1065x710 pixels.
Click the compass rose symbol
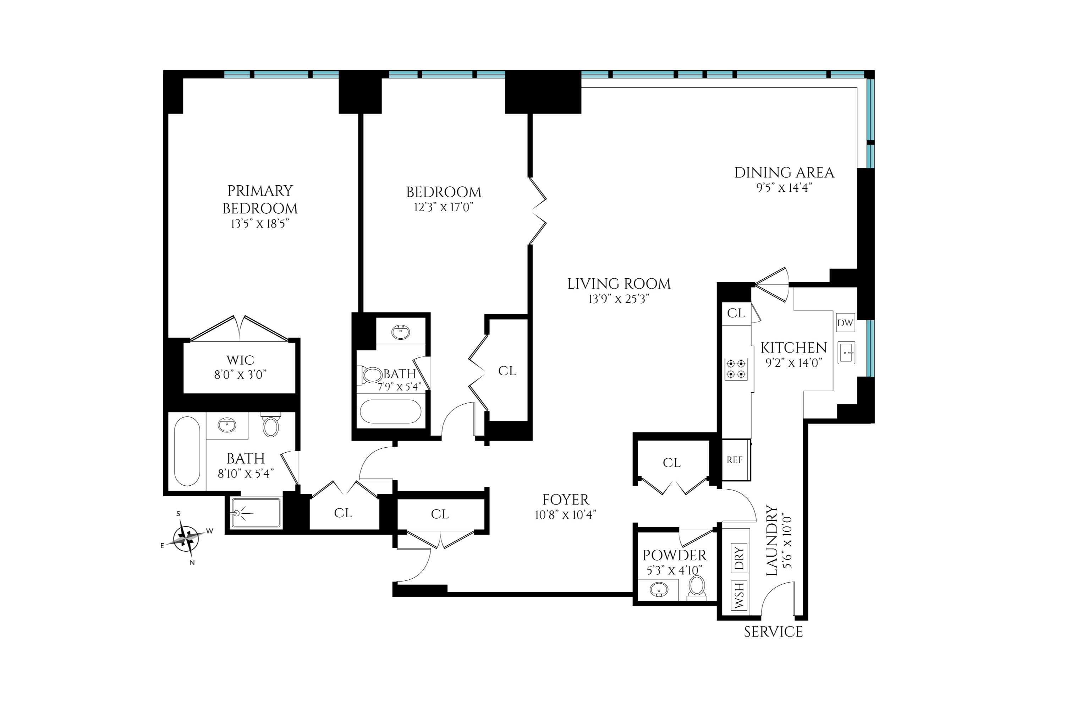186,537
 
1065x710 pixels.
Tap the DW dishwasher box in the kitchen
845,323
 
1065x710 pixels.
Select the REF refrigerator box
734,460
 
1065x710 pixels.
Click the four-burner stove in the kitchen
736,368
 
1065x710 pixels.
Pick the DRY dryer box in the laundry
739,557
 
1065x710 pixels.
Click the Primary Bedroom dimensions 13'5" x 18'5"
260,224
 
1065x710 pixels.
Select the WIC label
240,360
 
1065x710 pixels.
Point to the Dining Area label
784,173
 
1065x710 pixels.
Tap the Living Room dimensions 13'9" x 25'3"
619,299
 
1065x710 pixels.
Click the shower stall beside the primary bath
256,513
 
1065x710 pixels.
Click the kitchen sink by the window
846,352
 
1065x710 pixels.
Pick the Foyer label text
566,500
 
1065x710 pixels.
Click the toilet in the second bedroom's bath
372,375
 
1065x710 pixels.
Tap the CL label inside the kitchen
736,313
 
